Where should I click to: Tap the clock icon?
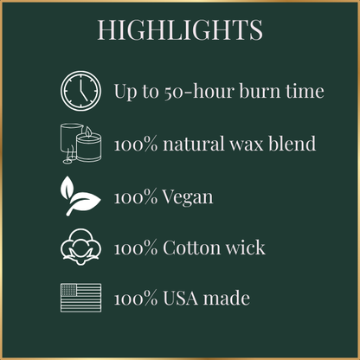pos(80,89)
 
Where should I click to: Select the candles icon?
pos(80,142)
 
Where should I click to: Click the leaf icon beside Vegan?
pos(80,196)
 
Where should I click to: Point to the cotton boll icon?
pos(80,247)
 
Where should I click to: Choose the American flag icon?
pos(80,299)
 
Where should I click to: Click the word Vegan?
pos(190,197)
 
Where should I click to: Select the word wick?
pos(247,248)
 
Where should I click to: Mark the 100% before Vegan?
pos(136,196)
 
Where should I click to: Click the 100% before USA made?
pos(136,299)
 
